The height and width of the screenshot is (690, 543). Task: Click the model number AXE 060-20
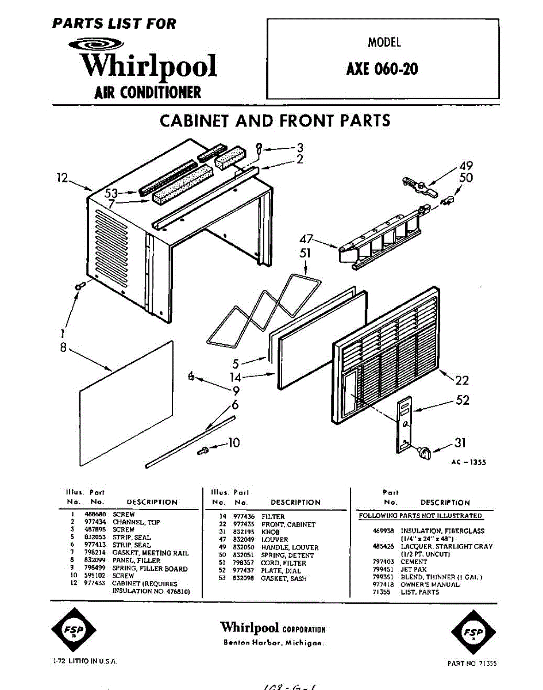pyautogui.click(x=382, y=69)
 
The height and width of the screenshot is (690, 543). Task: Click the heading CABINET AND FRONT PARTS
pyautogui.click(x=275, y=121)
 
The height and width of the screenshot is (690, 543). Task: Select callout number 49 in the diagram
pyautogui.click(x=465, y=167)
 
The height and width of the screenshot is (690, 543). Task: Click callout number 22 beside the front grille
pyautogui.click(x=461, y=380)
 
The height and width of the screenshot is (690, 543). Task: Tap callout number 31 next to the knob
pyautogui.click(x=460, y=443)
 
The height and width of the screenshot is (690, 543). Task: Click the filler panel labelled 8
pyautogui.click(x=126, y=402)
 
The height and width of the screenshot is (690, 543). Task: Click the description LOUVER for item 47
pyautogui.click(x=275, y=540)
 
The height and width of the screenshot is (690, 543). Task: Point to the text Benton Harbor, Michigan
pyautogui.click(x=273, y=642)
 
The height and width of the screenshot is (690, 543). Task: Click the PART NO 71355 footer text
pyautogui.click(x=472, y=663)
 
